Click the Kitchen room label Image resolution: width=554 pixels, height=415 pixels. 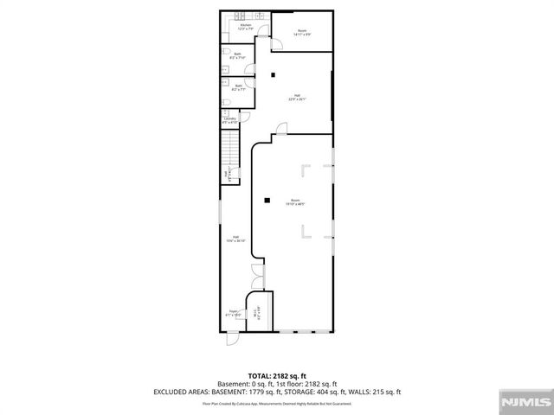coord(245,27)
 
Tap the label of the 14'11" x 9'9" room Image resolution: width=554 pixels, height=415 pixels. coord(302,33)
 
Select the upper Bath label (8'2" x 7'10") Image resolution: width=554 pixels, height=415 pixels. coord(239,56)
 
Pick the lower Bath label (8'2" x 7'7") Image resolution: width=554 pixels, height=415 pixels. coord(239,87)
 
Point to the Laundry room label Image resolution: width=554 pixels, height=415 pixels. coord(229,120)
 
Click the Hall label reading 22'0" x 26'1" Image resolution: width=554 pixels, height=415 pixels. coord(297,97)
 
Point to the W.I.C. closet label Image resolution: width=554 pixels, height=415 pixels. coord(256,316)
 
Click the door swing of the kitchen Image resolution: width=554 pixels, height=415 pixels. coord(266,36)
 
